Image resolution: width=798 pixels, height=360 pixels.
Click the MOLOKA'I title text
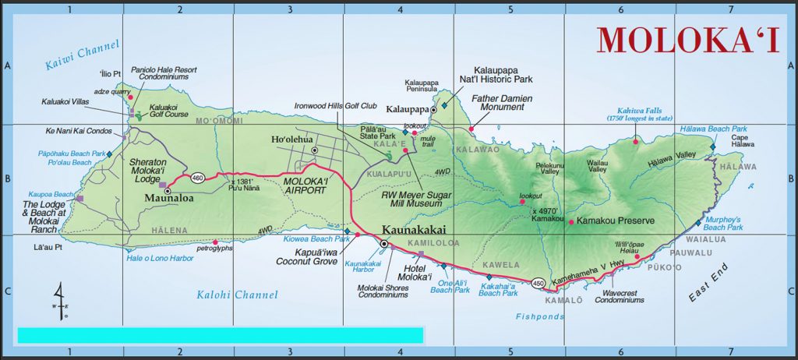click(688, 40)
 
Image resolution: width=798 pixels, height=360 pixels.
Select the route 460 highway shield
click(199, 177)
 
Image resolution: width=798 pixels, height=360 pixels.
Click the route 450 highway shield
click(538, 282)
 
